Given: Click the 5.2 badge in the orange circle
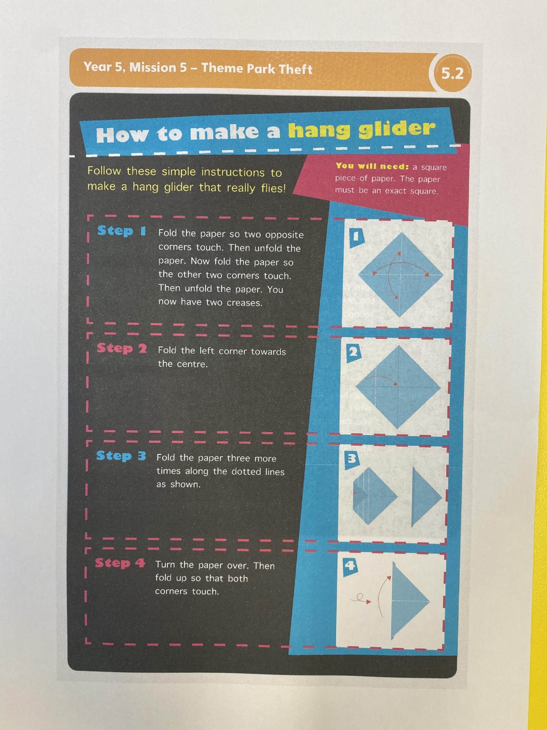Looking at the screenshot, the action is coord(452,73).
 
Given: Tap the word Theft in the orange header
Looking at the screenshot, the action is coord(295,69).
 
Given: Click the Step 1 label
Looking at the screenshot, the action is coord(122,230).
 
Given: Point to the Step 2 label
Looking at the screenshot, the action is coord(122,348).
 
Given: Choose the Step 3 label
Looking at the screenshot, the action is coord(121,456).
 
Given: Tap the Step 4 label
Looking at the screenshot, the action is coord(120,563).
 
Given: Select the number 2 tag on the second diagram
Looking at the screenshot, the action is coord(353,353).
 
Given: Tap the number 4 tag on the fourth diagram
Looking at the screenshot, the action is coord(350,566).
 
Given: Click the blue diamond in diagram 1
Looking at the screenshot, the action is coord(401,275).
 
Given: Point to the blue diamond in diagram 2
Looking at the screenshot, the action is coord(398,387).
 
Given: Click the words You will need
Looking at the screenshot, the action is coord(372,166).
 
